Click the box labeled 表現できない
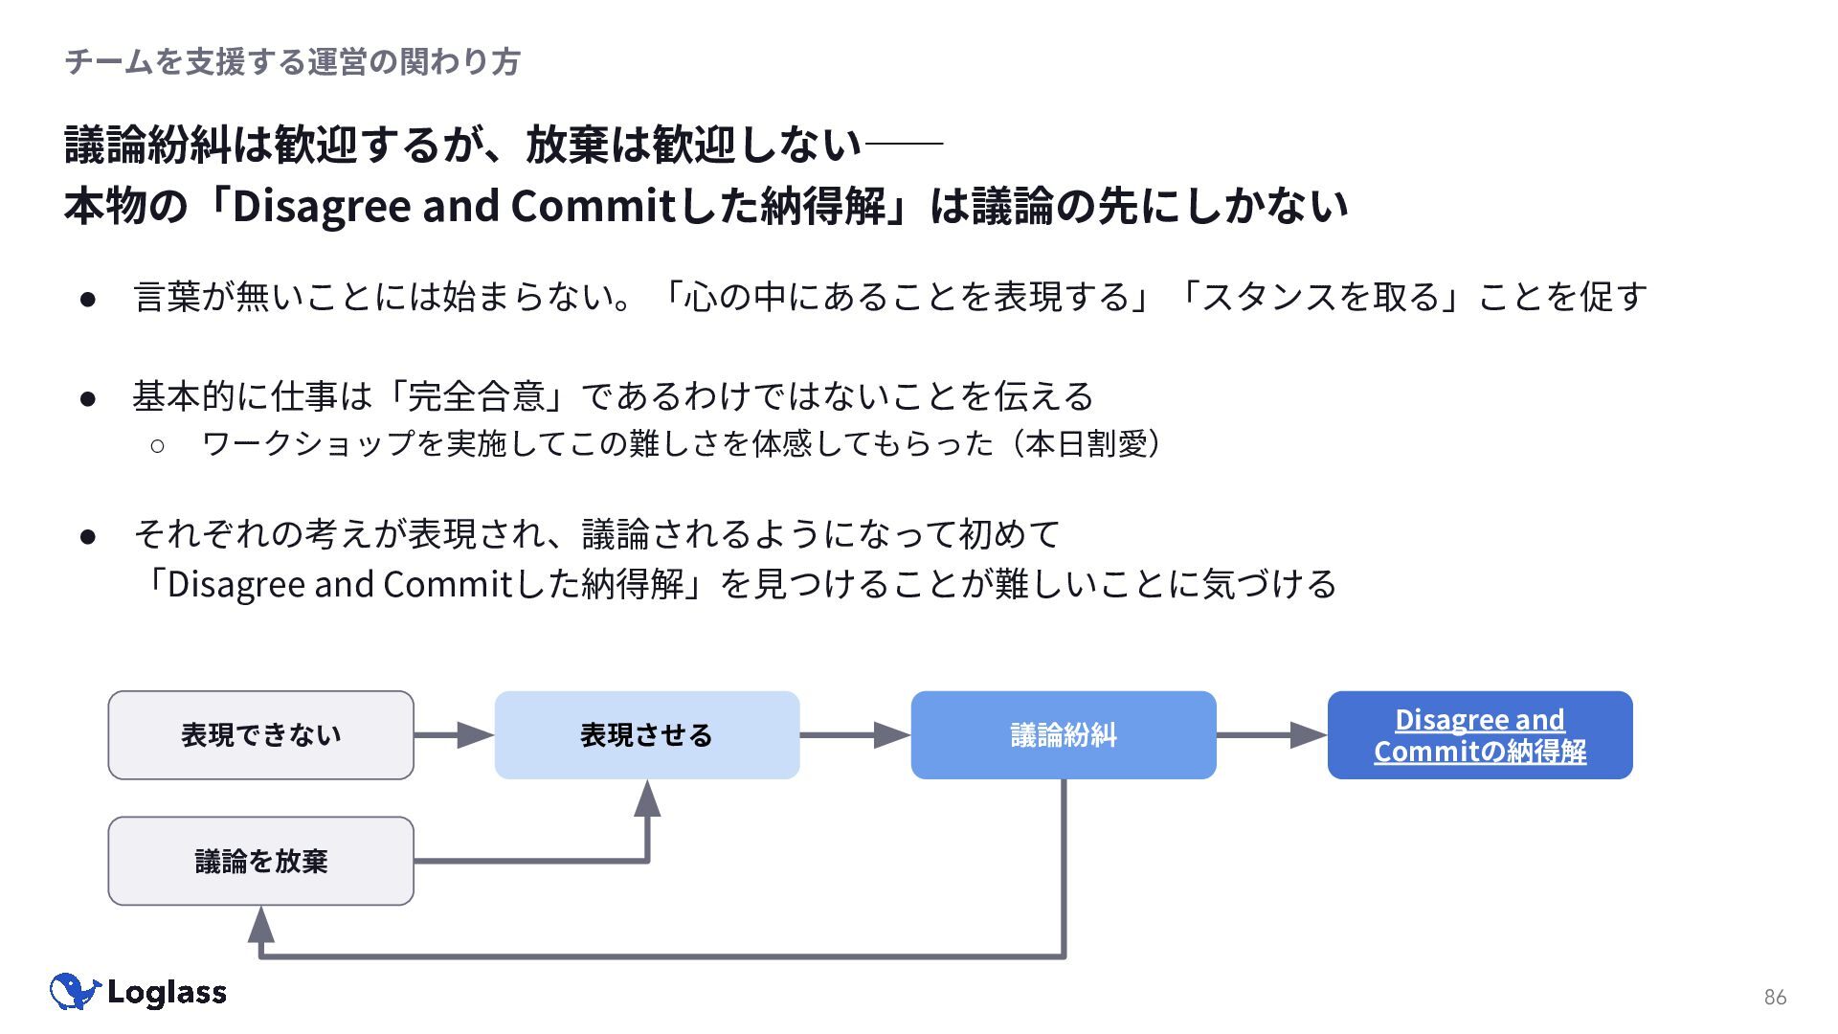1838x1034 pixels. tap(260, 735)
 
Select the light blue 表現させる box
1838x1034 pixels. tap(647, 735)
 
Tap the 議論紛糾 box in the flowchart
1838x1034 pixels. tap(1064, 735)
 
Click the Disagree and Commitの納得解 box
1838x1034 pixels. tap(1480, 735)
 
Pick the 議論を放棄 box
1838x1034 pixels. tap(260, 861)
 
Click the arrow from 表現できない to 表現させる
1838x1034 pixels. tap(454, 735)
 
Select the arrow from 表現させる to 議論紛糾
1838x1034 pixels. tap(855, 735)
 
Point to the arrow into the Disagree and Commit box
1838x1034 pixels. tap(1271, 735)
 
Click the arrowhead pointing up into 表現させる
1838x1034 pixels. tap(647, 798)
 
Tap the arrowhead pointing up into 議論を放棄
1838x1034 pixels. tap(260, 925)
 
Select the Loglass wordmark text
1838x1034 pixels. tap(167, 992)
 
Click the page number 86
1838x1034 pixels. tap(1775, 997)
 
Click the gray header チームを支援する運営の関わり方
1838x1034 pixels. tap(292, 62)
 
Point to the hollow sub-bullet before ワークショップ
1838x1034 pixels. tap(157, 444)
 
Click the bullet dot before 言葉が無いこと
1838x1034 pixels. tap(88, 299)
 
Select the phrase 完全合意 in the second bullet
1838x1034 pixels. tap(476, 395)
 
